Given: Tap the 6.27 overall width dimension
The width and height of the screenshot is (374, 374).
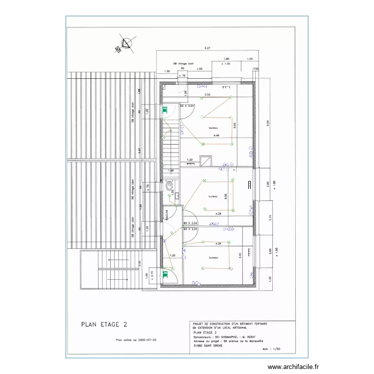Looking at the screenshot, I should (x=207, y=48).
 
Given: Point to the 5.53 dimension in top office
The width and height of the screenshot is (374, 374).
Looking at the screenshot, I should (x=207, y=94).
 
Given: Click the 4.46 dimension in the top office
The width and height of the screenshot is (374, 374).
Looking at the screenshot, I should (x=216, y=136).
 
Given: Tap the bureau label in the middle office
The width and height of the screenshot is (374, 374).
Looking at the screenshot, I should (x=213, y=196).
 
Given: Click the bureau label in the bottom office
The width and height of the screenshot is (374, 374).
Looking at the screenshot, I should (x=213, y=258).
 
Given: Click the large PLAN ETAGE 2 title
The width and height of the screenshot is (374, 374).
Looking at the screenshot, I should (x=100, y=324).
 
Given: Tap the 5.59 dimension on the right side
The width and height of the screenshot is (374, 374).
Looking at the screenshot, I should (x=268, y=123).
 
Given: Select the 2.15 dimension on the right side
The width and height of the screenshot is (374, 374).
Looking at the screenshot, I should (x=270, y=218).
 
